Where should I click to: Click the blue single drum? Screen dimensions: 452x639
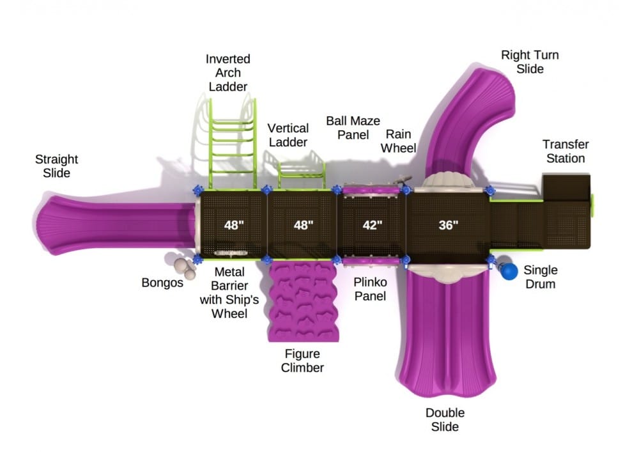(509, 271)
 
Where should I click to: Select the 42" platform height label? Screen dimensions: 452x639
(372, 225)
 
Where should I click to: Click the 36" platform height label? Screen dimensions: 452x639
(448, 225)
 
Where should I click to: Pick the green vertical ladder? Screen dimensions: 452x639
(301, 171)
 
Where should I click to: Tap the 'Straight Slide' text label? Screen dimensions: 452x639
(57, 166)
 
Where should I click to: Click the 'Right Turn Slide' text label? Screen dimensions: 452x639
(530, 61)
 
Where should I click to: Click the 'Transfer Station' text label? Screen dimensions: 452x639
(566, 151)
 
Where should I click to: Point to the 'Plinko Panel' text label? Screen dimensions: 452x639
(370, 289)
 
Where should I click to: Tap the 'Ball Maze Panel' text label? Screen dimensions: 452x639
(353, 127)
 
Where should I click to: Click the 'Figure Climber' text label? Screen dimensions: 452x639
(303, 361)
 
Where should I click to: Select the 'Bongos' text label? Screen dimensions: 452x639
(162, 282)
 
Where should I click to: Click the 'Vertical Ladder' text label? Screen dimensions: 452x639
(288, 135)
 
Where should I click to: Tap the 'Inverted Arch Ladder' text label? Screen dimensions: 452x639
(228, 72)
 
